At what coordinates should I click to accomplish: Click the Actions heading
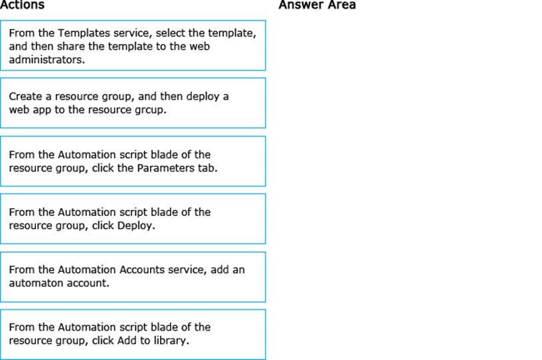[22, 5]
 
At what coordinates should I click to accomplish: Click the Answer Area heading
[317, 5]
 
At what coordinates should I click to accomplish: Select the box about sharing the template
[133, 45]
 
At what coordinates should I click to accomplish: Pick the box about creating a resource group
[133, 103]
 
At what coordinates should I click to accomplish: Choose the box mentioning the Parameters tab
[133, 161]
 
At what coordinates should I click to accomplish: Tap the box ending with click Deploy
[133, 219]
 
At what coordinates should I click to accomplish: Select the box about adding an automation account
[133, 276]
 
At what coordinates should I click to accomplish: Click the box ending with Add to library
[133, 334]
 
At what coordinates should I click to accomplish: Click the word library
[172, 341]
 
